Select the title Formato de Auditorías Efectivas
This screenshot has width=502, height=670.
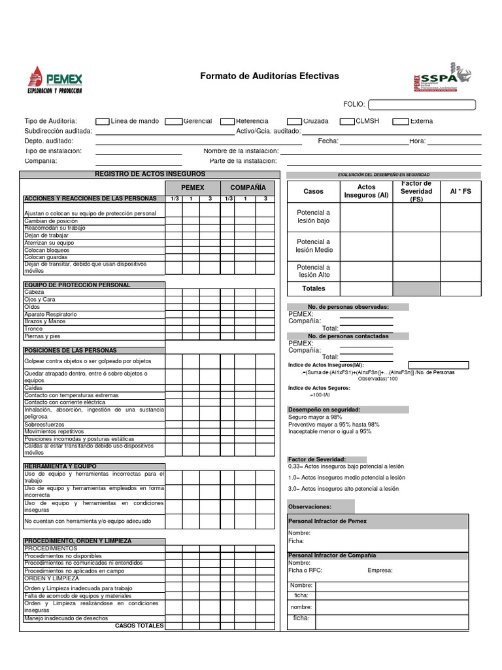click(x=269, y=77)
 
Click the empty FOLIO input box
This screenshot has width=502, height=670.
click(x=422, y=105)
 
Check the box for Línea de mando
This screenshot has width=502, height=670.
click(x=102, y=121)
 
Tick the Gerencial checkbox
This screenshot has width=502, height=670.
click(x=173, y=121)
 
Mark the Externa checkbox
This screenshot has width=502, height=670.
click(x=399, y=121)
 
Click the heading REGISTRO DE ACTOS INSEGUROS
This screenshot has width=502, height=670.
click(x=150, y=174)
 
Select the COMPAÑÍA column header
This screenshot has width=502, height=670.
click(x=248, y=188)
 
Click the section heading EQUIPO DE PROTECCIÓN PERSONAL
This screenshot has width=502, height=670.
click(x=77, y=285)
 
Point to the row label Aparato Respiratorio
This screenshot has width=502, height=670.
click(x=50, y=315)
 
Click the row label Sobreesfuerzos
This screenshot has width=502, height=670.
click(x=46, y=425)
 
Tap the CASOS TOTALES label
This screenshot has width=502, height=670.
click(x=139, y=626)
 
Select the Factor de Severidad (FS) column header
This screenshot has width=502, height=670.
click(x=416, y=192)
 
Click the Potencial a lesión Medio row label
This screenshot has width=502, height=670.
click(x=314, y=246)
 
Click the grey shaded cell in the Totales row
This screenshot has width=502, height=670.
click(x=416, y=289)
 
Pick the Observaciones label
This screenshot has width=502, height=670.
click(x=310, y=506)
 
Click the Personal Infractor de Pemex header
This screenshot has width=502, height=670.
click(x=327, y=521)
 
